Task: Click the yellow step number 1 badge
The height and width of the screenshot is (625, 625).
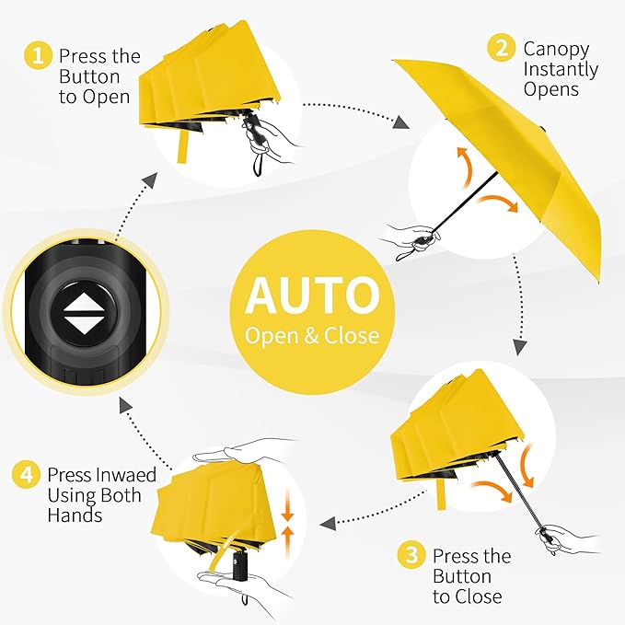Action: tap(38, 56)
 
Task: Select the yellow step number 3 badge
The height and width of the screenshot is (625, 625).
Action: tap(411, 556)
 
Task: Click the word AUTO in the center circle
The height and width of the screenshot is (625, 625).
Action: tap(312, 295)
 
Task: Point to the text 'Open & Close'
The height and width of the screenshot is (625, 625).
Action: tap(312, 335)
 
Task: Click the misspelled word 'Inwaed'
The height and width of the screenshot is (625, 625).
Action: tap(126, 475)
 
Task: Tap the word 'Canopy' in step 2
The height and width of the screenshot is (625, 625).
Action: tap(557, 48)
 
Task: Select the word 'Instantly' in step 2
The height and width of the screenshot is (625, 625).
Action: tap(561, 69)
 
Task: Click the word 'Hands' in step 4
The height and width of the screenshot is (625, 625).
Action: tap(76, 515)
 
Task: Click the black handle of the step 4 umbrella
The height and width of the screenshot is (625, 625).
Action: tap(241, 562)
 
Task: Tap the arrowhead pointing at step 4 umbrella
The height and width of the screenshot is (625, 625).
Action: tap(327, 523)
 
